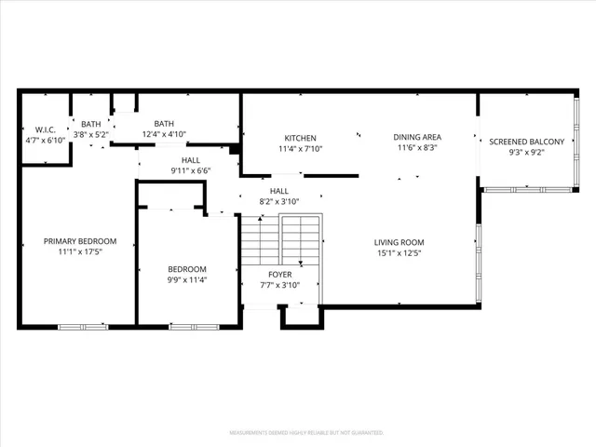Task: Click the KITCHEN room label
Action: click(x=299, y=138)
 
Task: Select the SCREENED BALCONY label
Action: click(x=526, y=142)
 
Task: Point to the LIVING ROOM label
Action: click(x=400, y=241)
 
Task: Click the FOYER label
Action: click(x=279, y=275)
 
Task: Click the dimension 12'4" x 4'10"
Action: click(x=164, y=135)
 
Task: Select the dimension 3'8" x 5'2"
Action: click(x=91, y=135)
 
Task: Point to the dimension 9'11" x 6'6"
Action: click(x=190, y=170)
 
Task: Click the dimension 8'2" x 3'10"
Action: click(x=278, y=201)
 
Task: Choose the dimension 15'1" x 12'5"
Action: click(x=400, y=252)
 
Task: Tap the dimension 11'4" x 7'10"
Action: click(x=299, y=149)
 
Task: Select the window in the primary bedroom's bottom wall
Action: click(x=83, y=326)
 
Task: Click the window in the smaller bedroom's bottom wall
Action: click(x=194, y=326)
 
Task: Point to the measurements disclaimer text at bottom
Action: click(x=306, y=433)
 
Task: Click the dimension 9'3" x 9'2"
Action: click(x=526, y=153)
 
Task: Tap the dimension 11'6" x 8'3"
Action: click(x=417, y=148)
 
